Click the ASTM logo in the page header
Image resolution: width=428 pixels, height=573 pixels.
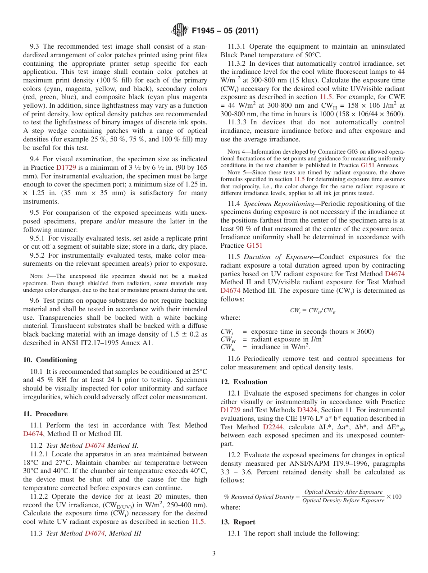coord(180,31)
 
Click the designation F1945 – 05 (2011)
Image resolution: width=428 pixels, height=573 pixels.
coord(225,31)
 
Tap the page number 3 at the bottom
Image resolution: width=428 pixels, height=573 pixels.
coord(214,553)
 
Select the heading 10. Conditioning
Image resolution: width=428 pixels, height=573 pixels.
coord(50,360)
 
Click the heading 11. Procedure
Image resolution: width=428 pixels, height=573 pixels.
coord(45,414)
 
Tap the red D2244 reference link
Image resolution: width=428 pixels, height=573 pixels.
coord(273,427)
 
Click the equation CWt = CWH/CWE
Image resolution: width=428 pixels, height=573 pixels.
coord(313,310)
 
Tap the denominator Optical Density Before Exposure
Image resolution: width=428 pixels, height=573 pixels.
coord(343,500)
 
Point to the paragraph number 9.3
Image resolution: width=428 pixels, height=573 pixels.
coord(35,46)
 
